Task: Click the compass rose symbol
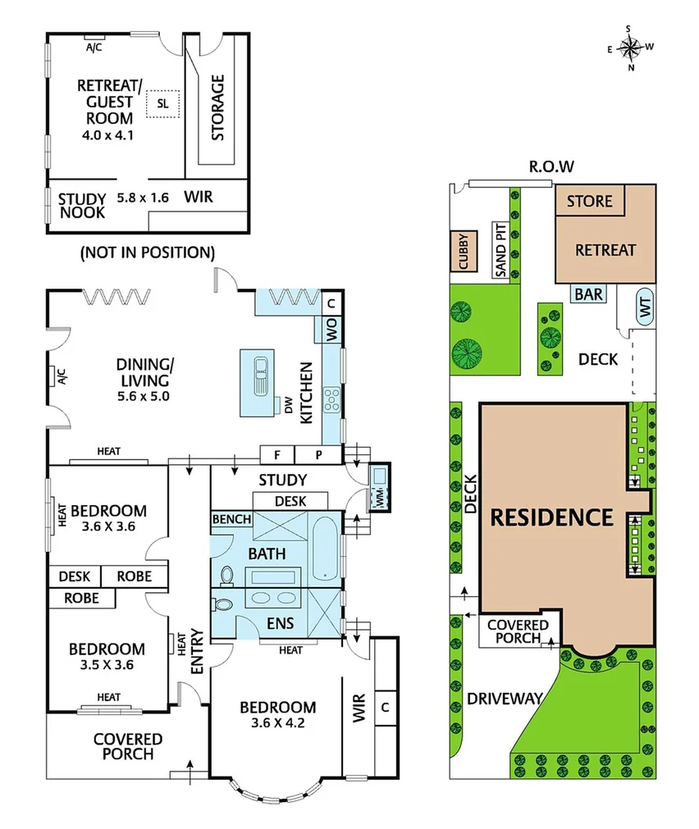[x=629, y=48]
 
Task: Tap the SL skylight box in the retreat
[x=162, y=104]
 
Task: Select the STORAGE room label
[x=218, y=107]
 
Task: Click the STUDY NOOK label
[x=81, y=205]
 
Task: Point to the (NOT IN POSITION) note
[x=147, y=252]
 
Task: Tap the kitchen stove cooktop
[x=333, y=399]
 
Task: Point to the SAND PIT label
[x=501, y=250]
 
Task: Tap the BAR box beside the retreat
[x=589, y=294]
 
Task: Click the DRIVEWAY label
[x=505, y=699]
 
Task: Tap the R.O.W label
[x=551, y=166]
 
